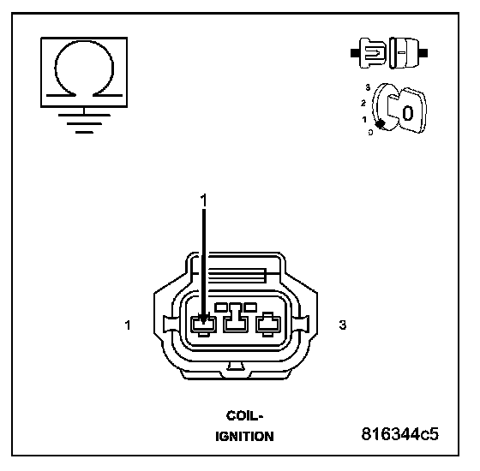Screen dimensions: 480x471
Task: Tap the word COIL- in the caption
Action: coord(244,415)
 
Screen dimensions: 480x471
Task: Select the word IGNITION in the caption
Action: coord(244,437)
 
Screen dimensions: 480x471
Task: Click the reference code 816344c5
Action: coord(399,433)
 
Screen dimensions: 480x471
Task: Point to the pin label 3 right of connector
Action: coord(343,325)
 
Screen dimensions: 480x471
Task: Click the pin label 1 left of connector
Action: coord(128,325)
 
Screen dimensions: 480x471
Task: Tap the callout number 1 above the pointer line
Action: coord(204,200)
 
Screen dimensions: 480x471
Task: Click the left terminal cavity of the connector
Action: coord(204,325)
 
